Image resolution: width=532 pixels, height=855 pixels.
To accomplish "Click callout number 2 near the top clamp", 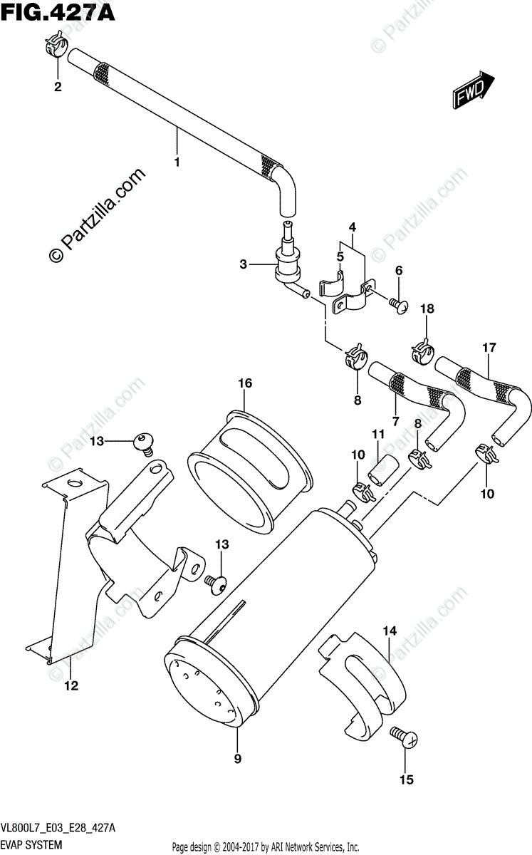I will [57, 88].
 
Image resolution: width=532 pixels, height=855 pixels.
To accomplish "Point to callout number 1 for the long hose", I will [177, 162].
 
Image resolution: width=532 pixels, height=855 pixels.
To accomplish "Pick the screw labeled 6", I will [400, 304].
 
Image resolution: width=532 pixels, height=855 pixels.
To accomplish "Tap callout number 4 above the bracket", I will [352, 227].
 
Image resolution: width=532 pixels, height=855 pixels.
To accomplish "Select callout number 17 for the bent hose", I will [489, 348].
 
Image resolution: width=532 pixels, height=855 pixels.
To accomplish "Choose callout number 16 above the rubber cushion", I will [245, 383].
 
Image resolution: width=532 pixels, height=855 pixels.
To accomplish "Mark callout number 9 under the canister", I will [237, 759].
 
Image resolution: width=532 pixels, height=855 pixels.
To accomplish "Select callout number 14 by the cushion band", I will [389, 631].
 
